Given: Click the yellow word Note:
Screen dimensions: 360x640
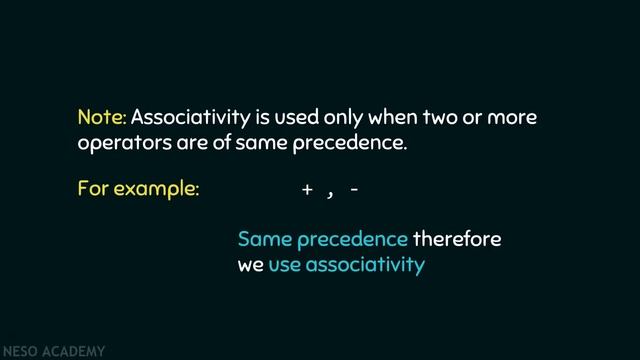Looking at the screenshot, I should pos(102,118).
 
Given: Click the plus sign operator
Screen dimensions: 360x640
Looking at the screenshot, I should pos(307,189).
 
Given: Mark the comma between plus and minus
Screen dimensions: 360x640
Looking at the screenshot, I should pos(329,193).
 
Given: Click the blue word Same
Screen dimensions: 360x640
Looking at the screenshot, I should pos(264,240).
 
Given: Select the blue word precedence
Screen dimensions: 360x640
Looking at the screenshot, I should pos(352,240).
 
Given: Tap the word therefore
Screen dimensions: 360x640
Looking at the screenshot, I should pos(457,240).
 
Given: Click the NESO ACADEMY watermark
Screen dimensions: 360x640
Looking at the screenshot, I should pos(53,352).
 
